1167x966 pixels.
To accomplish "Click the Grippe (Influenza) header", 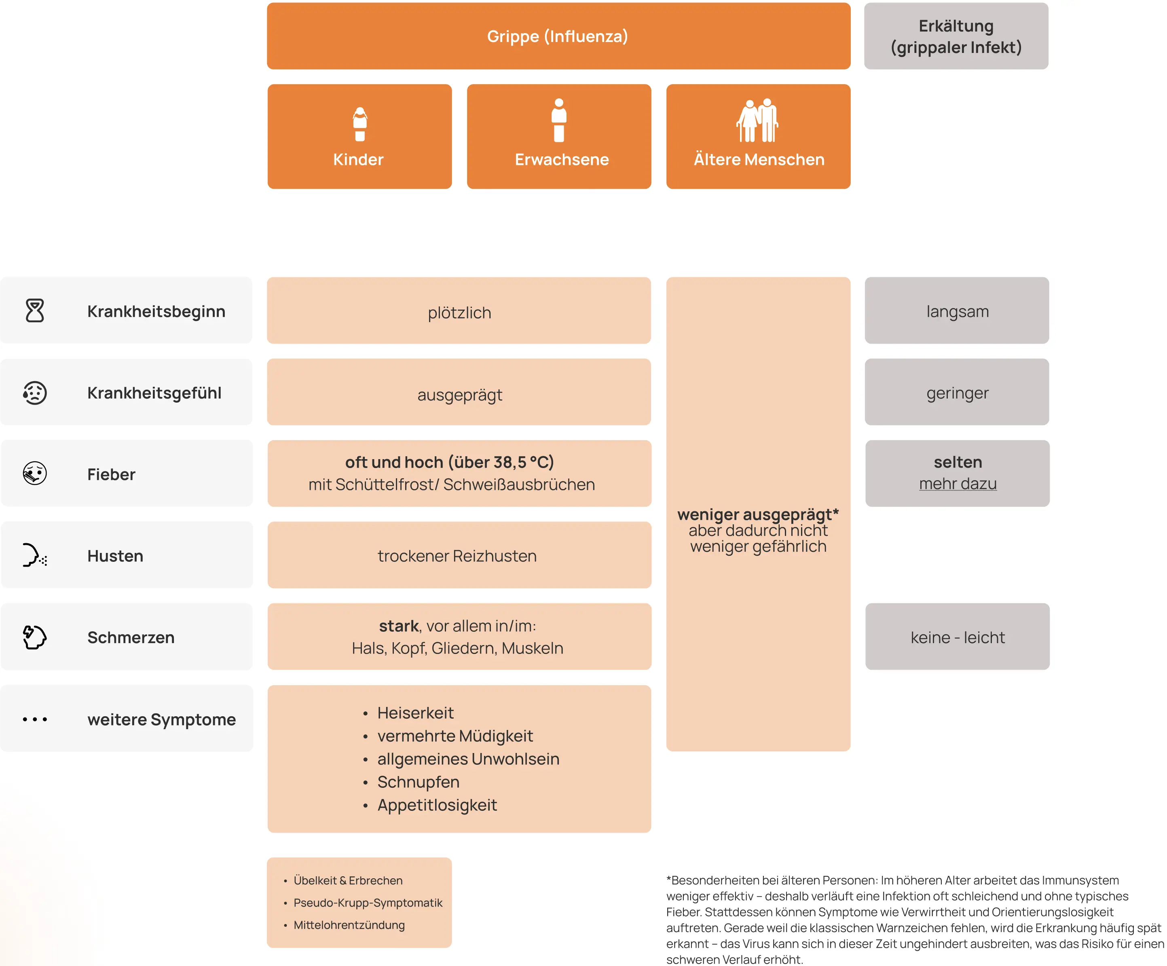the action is [558, 36].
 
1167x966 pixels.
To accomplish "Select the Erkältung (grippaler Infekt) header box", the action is [956, 36].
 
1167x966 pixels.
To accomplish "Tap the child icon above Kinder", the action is [360, 124].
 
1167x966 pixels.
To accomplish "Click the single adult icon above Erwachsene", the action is [559, 120].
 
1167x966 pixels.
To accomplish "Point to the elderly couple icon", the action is [757, 120].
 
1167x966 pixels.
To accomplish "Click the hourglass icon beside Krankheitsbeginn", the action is [34, 310].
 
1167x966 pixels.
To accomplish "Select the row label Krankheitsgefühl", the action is [154, 393].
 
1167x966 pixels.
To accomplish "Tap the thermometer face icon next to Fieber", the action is [34, 473].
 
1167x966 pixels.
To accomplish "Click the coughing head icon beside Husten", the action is [34, 555].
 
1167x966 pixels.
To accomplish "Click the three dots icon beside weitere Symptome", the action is [34, 719].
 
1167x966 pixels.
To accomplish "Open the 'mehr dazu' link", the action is [958, 484].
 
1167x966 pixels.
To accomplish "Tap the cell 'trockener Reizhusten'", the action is [459, 555].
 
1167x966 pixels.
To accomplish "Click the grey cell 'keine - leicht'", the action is [958, 637].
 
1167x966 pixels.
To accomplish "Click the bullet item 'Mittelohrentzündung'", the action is [349, 925].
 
